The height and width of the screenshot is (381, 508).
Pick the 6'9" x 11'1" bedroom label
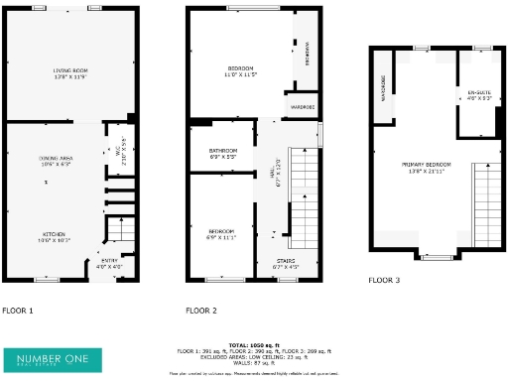click(x=221, y=233)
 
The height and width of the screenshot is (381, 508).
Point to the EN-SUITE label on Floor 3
click(x=479, y=96)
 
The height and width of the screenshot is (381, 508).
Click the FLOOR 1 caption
click(x=17, y=311)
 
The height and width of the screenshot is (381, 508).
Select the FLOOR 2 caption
click(x=201, y=311)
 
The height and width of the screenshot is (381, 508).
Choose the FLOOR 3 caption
click(x=384, y=281)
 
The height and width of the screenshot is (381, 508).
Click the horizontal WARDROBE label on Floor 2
click(x=303, y=106)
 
